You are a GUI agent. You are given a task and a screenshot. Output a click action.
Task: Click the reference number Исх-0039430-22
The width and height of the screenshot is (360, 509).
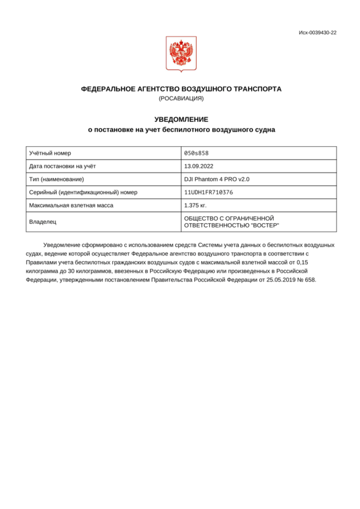(x=317, y=33)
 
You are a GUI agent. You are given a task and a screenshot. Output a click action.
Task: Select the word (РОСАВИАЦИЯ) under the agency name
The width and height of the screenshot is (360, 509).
(x=181, y=98)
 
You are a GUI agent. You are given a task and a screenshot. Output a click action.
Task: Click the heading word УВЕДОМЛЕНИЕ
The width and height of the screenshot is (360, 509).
(x=181, y=119)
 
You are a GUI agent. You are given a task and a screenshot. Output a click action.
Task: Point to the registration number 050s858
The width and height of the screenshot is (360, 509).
(x=193, y=153)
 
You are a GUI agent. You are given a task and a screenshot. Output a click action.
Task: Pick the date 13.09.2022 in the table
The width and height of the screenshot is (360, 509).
(x=199, y=166)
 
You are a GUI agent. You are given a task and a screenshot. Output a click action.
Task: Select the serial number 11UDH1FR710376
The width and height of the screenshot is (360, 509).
(x=209, y=192)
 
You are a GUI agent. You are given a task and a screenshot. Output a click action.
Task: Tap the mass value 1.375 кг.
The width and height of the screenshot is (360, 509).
(x=195, y=205)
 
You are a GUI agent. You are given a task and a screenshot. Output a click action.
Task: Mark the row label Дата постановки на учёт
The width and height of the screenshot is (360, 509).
(x=62, y=166)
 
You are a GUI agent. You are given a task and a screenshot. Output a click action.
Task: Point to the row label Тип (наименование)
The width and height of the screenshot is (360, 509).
(x=56, y=179)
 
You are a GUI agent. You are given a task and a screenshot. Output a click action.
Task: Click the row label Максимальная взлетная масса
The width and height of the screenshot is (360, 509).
(x=71, y=205)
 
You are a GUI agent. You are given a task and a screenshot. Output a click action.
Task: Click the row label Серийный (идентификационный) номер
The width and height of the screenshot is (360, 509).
(x=83, y=192)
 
